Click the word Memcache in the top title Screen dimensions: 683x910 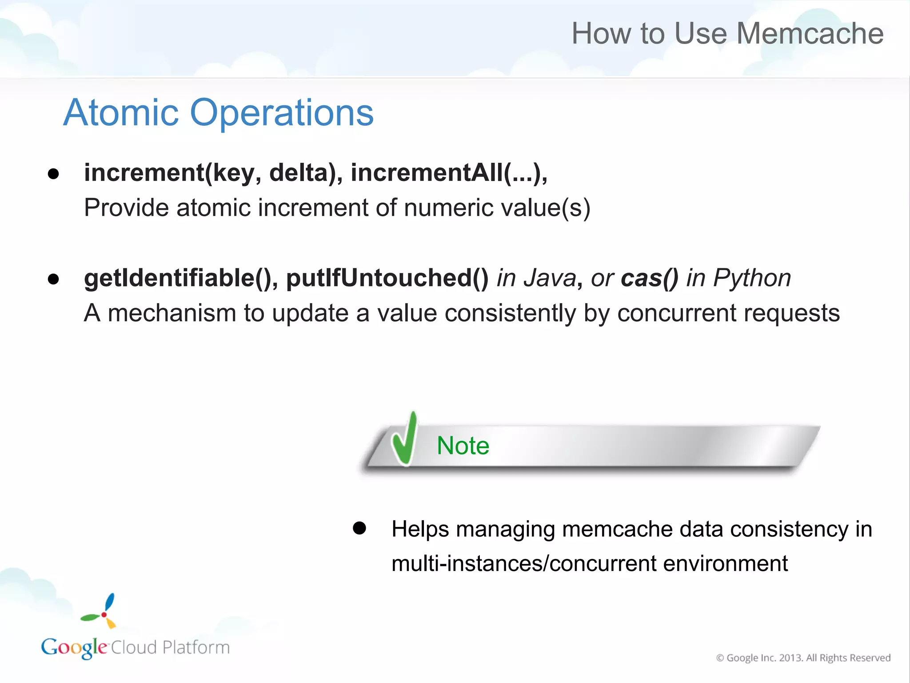[810, 34]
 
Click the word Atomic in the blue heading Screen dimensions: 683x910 [121, 113]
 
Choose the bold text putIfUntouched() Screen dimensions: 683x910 [387, 278]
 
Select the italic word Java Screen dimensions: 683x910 [550, 278]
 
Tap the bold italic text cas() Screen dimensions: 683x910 [649, 278]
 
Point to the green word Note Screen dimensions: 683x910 [463, 446]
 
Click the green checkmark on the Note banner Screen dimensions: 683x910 [404, 440]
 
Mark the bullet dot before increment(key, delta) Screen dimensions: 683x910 [53, 174]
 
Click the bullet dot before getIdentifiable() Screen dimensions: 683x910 [53, 279]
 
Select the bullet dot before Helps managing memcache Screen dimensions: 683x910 [359, 528]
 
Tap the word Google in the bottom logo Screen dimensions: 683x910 [74, 647]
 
